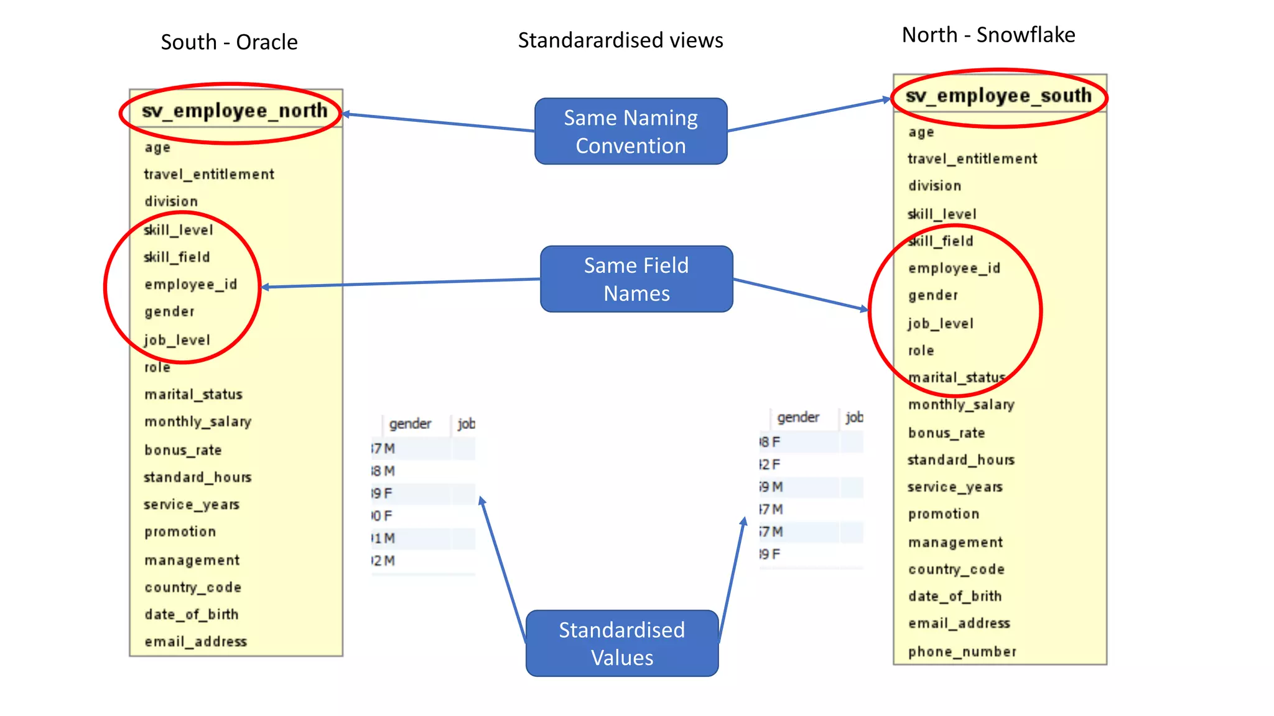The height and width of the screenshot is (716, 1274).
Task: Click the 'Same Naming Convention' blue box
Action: point(630,131)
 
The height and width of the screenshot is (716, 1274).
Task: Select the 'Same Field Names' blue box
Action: point(636,279)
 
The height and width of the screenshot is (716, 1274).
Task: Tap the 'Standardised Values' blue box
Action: point(621,643)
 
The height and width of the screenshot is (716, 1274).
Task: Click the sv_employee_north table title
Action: point(234,111)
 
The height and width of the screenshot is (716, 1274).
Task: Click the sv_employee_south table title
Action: point(998,96)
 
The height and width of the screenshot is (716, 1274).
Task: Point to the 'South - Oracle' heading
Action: point(229,42)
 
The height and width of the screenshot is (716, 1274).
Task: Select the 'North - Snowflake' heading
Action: point(988,35)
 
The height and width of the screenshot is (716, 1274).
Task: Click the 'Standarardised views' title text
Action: point(620,40)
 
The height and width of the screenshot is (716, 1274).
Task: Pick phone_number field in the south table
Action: point(962,651)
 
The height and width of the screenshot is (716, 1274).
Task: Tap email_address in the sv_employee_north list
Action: point(195,641)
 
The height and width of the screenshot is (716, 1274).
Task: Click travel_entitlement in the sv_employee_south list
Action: point(972,159)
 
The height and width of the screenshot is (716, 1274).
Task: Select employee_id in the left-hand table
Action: point(190,285)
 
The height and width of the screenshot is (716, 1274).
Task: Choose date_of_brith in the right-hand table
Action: point(954,597)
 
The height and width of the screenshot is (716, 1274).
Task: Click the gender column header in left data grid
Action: point(410,424)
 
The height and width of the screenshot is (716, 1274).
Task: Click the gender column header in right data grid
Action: point(797,418)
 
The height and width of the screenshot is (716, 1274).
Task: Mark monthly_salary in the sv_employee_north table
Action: point(197,422)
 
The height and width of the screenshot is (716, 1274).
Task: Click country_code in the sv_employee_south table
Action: point(955,569)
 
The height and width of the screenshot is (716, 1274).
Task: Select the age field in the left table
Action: point(157,148)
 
